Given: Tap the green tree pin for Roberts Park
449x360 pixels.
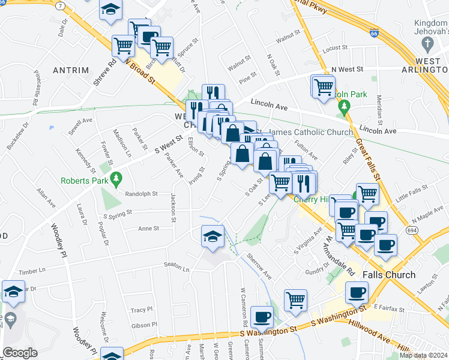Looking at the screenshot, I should (x=118, y=178).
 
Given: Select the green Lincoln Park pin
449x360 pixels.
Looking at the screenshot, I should (x=343, y=108).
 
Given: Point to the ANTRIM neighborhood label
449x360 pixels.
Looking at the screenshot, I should (x=71, y=70).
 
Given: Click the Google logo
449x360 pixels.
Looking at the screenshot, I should (x=20, y=353).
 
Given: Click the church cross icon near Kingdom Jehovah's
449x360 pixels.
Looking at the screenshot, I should (x=427, y=43).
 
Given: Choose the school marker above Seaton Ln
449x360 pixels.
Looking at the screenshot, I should (x=212, y=237).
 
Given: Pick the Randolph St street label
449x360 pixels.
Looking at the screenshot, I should (x=141, y=194).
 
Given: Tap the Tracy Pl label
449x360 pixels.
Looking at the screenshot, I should (x=142, y=310).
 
